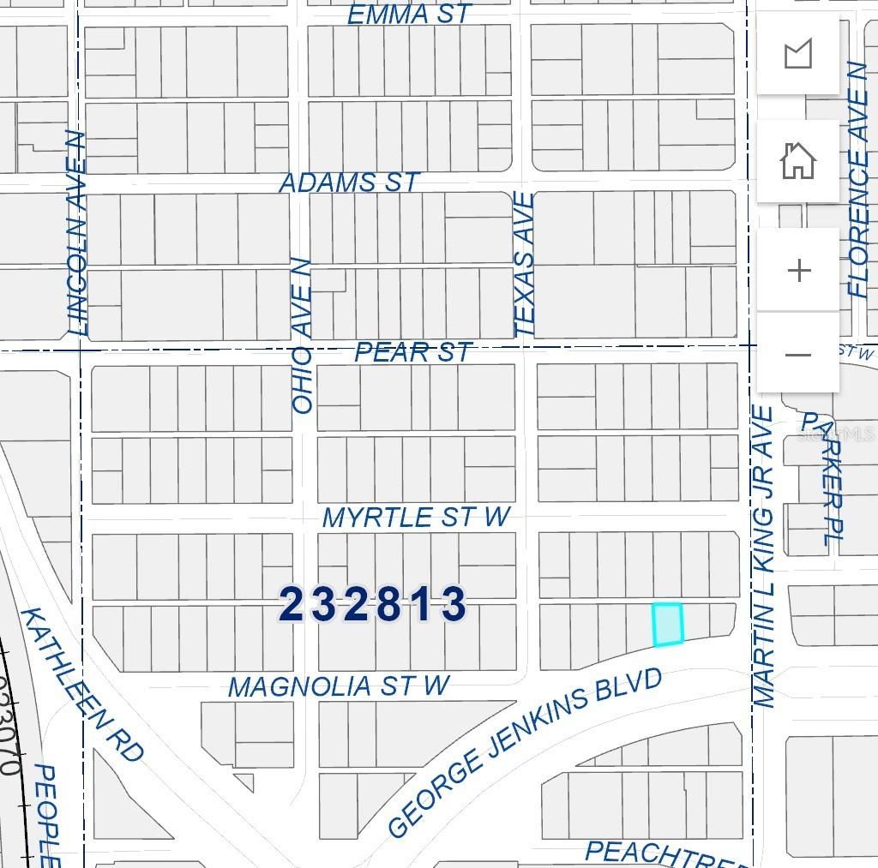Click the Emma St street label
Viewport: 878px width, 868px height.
click(x=410, y=15)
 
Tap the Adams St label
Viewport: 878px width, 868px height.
click(x=349, y=183)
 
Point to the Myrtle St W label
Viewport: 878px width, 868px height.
click(x=416, y=518)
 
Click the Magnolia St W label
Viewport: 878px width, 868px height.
click(x=339, y=686)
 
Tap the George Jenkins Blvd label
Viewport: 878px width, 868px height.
click(x=525, y=752)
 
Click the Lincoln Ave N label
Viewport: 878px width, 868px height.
click(x=77, y=233)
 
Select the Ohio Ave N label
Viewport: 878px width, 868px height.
click(x=303, y=335)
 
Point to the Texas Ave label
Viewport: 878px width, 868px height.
click(x=524, y=264)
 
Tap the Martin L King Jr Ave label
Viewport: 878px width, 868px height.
click(x=763, y=557)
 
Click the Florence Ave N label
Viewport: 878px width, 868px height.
click(x=857, y=179)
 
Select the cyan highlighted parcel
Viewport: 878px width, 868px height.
click(x=668, y=624)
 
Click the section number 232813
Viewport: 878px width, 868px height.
click(x=373, y=605)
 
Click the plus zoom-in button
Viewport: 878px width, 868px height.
click(x=798, y=271)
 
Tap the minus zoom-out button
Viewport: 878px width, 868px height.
click(x=798, y=355)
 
